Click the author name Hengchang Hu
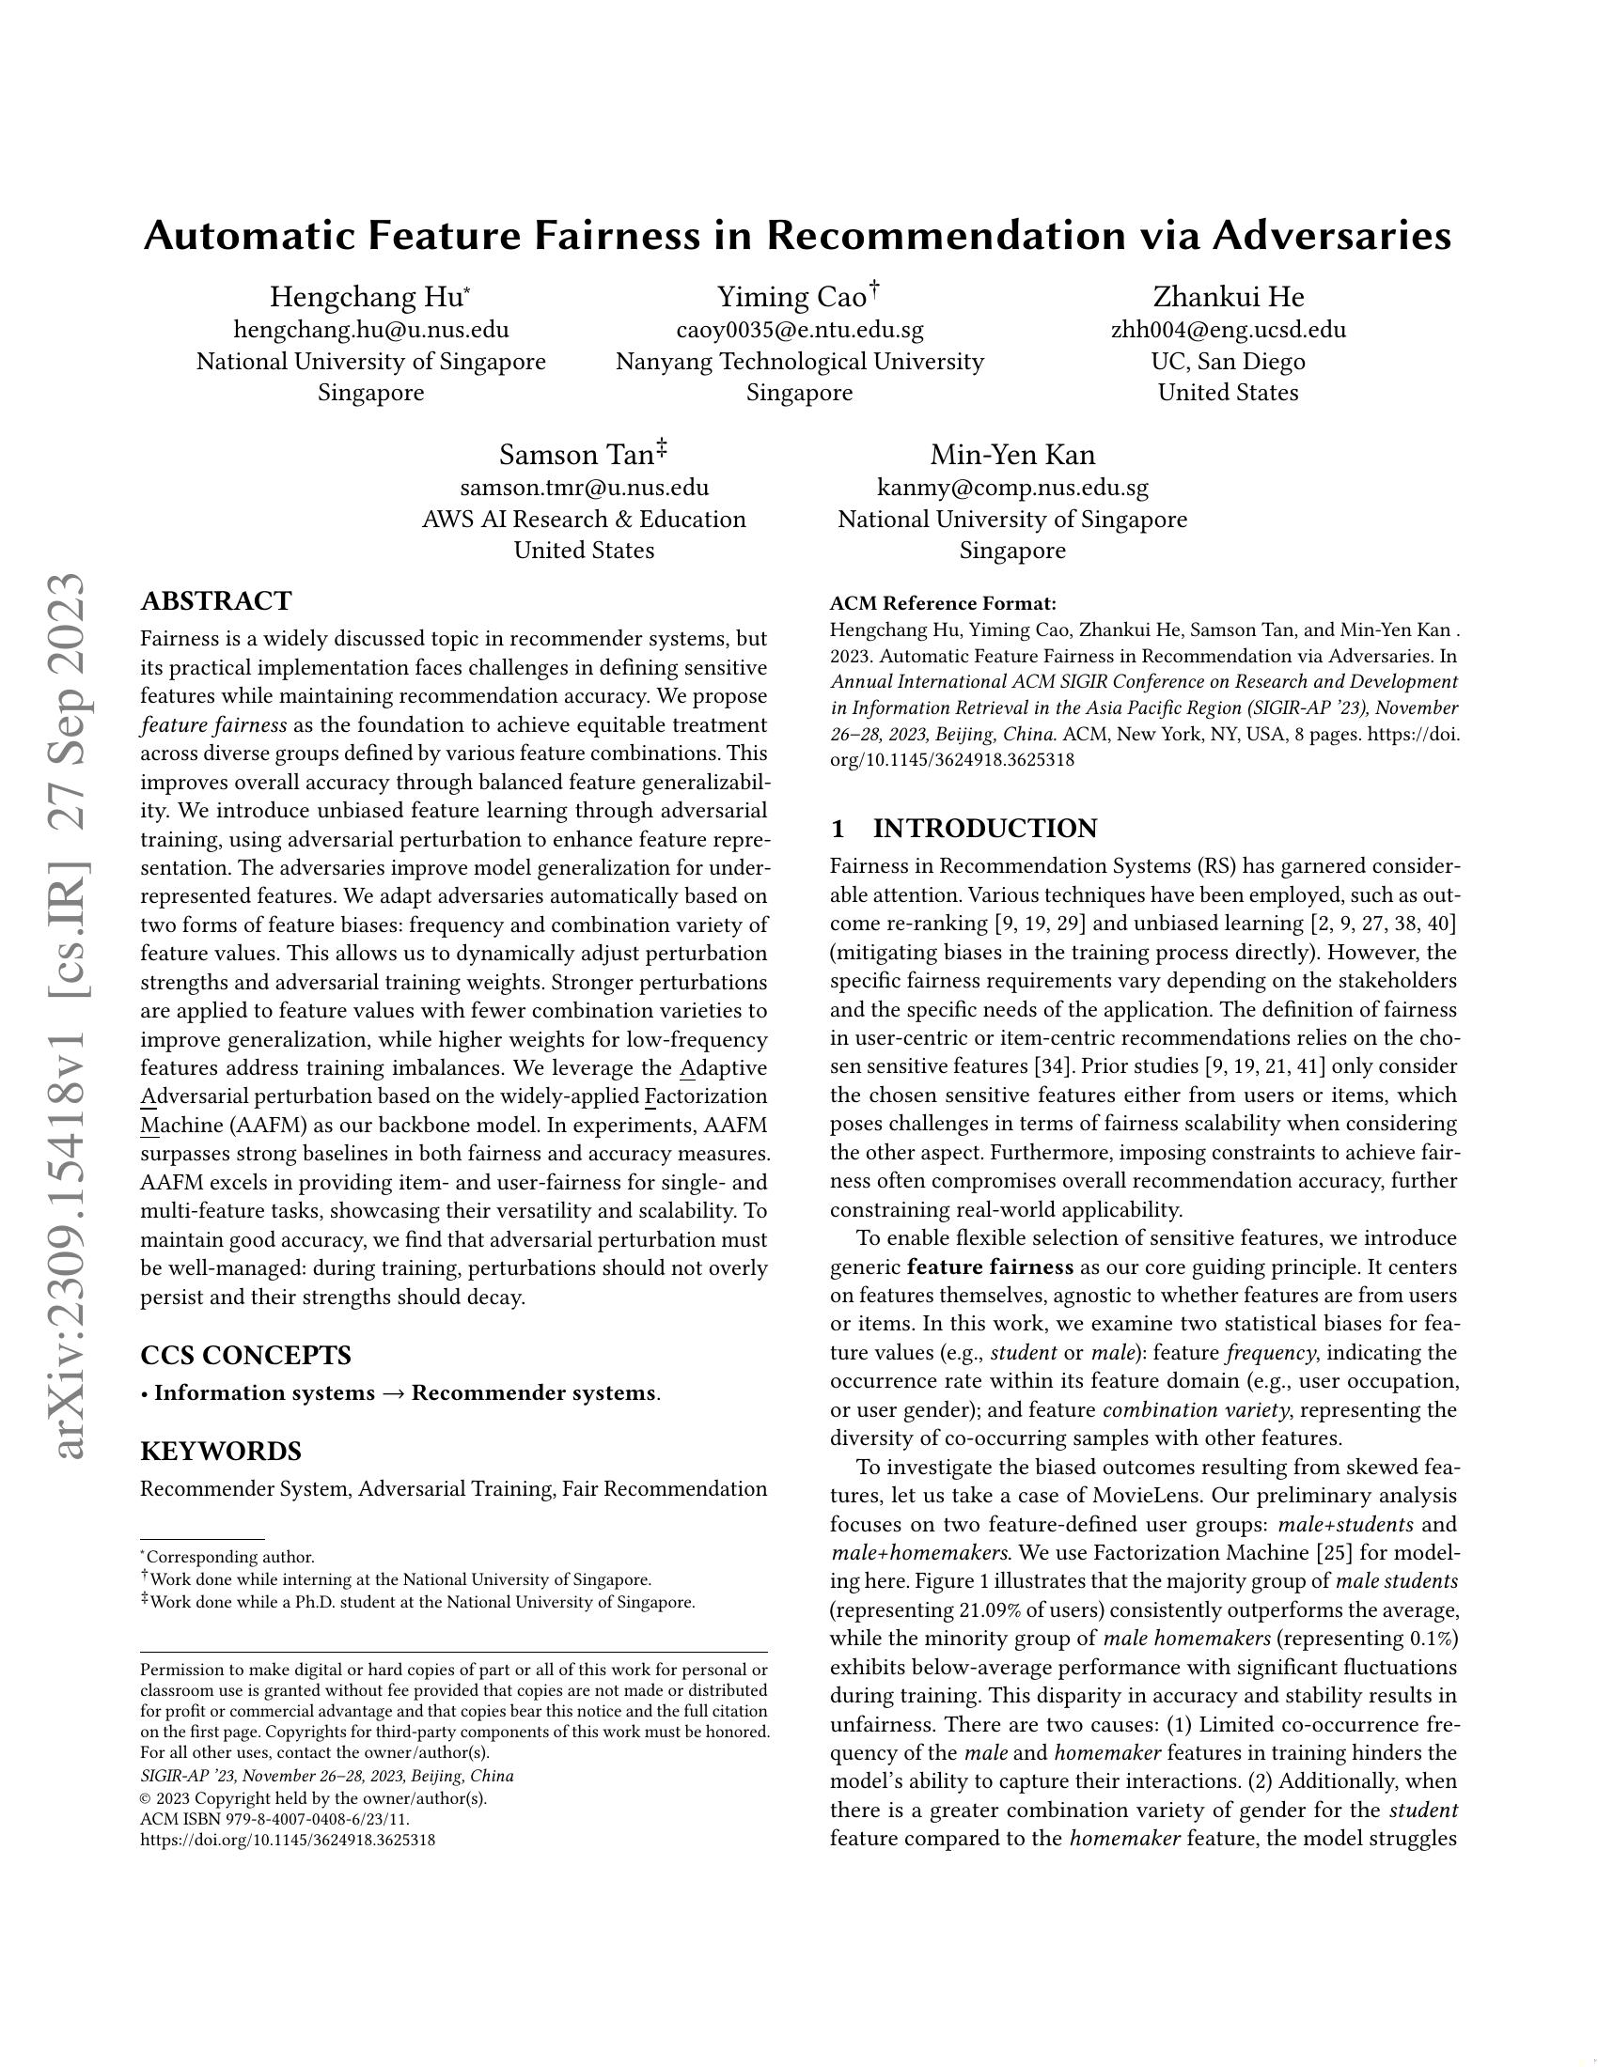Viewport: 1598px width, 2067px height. tap(367, 297)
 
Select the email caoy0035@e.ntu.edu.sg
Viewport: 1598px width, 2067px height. tap(799, 330)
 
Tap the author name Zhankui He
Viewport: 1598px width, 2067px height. tap(1228, 297)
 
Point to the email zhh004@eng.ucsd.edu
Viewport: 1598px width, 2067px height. tap(1228, 330)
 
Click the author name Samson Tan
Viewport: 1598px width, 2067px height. tap(576, 456)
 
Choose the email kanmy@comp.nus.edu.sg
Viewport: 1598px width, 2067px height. tap(1012, 488)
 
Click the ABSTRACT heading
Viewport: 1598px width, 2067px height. tap(216, 601)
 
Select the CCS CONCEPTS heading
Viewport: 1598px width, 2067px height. tap(245, 1355)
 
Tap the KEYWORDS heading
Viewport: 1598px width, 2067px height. tap(221, 1451)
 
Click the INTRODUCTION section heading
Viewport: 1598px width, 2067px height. tap(983, 828)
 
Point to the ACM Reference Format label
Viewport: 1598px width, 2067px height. tap(942, 604)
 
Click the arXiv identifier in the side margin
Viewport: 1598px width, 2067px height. tap(70, 1018)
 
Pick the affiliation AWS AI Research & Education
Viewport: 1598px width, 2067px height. tap(583, 519)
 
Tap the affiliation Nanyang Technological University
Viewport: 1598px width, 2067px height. tap(799, 361)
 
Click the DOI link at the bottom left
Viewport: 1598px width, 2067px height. tap(288, 1840)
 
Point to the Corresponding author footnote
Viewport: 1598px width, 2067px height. tap(229, 1557)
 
